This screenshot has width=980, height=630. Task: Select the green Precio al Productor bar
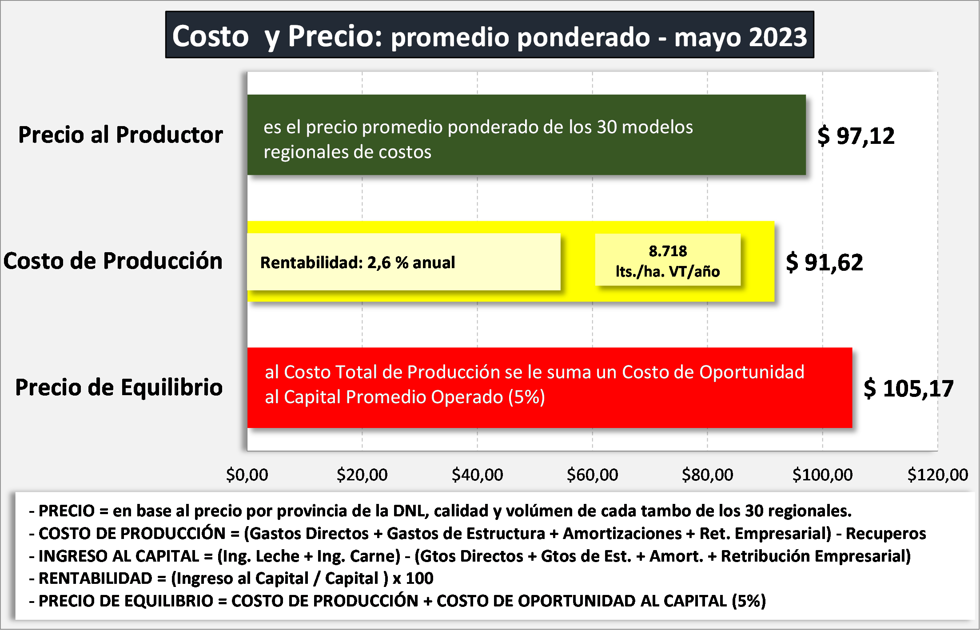[526, 135]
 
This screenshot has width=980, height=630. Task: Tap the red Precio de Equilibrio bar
[550, 388]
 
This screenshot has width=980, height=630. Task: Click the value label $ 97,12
[856, 136]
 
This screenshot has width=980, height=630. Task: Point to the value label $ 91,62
[825, 262]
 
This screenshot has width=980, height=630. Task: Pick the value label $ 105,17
[908, 389]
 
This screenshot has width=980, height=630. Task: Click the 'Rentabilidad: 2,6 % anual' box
[403, 262]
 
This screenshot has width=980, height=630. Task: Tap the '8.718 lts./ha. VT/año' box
[668, 261]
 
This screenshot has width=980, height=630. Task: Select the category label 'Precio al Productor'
[120, 135]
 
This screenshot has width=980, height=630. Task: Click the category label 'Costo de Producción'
[113, 261]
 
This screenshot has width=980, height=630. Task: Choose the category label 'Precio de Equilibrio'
[119, 388]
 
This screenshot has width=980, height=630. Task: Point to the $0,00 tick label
[247, 475]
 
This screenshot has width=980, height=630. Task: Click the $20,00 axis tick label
[362, 475]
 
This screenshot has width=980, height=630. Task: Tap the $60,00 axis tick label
[592, 475]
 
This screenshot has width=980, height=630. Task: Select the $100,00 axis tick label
[822, 475]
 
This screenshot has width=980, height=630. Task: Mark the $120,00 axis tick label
[937, 475]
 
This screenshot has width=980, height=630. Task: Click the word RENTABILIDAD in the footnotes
[96, 578]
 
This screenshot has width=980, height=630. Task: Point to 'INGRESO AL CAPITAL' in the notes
[119, 556]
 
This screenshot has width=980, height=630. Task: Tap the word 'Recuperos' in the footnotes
[886, 534]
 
